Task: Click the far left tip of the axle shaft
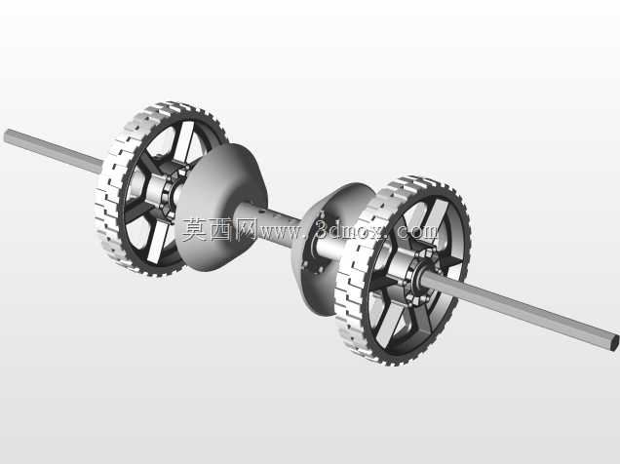(x=5, y=135)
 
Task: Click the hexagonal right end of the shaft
(x=614, y=342)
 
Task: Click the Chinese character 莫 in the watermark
(x=195, y=230)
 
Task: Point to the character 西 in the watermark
(x=220, y=230)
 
